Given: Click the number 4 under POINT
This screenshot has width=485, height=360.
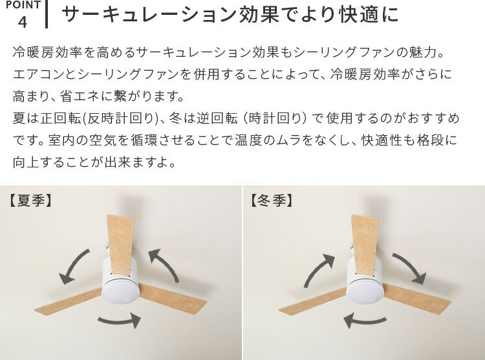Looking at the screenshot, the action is [23, 22].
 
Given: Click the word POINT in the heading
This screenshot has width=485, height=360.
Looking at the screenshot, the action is [23, 5].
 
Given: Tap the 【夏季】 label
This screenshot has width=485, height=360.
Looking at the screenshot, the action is [30, 200].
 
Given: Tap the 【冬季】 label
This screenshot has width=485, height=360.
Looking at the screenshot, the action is [271, 200].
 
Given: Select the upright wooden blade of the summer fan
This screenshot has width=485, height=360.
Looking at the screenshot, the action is [121, 244].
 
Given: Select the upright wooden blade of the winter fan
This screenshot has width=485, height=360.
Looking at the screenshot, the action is [365, 244].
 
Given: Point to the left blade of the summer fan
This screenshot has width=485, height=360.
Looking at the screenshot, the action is [69, 301].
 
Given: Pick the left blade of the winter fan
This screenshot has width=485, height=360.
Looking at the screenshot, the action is [313, 301].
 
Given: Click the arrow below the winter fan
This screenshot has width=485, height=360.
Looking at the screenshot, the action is [365, 321].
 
